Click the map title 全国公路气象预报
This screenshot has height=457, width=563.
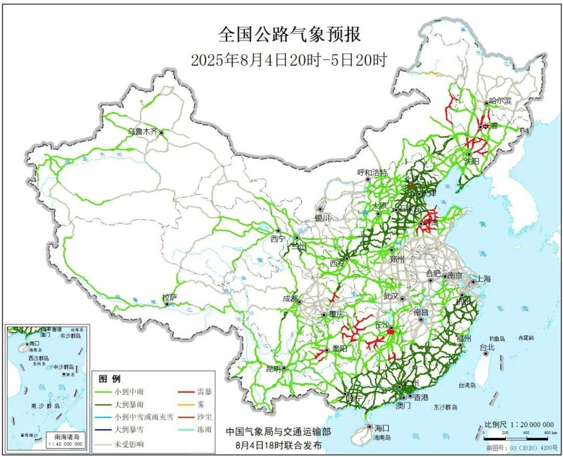[289, 35]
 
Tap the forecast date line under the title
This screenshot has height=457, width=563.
[289, 60]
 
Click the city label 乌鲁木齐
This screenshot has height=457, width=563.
[143, 132]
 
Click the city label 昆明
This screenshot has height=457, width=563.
[273, 368]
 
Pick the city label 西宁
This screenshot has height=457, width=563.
[278, 239]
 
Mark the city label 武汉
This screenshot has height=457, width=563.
[390, 296]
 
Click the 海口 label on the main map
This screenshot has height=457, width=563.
[382, 427]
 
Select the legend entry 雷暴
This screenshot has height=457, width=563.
[205, 391]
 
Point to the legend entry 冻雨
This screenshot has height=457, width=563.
[205, 431]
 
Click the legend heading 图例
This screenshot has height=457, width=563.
[109, 379]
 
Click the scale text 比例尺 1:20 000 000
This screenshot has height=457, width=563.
[516, 424]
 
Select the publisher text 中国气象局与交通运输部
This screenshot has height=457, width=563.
[277, 432]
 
